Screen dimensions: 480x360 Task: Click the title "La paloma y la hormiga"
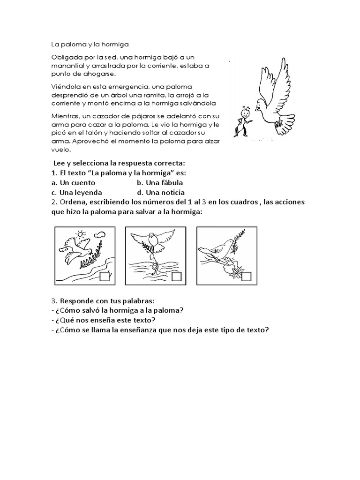click(x=86, y=45)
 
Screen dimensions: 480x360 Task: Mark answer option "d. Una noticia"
click(x=161, y=192)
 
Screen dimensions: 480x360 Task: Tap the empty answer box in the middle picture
click(x=176, y=277)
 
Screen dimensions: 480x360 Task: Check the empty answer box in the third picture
click(x=246, y=277)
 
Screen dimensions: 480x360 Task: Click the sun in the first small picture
click(x=81, y=234)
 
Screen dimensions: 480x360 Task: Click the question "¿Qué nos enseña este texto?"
click(x=105, y=320)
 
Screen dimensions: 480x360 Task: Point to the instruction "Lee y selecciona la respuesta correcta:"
click(x=120, y=163)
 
